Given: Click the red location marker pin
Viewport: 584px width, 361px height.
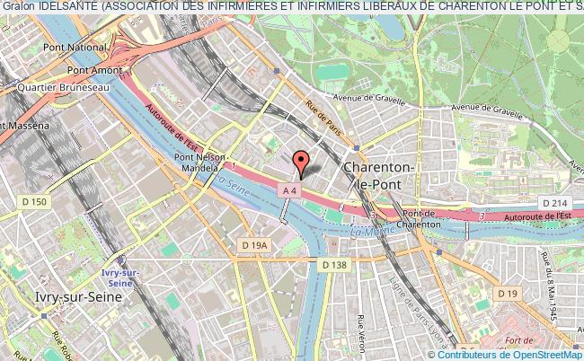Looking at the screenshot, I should pos(302,162).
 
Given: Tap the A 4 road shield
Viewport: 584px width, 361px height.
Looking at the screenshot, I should pos(288,190).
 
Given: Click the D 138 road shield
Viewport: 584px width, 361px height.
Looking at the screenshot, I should pos(333,264).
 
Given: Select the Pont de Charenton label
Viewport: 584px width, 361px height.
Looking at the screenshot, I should pos(421,218).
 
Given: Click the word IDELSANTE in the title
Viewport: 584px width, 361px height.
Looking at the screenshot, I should pos(65,7).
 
